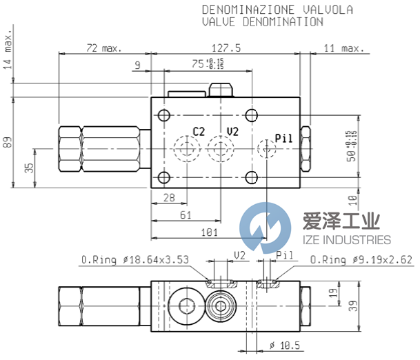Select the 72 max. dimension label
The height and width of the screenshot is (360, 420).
click(103, 48)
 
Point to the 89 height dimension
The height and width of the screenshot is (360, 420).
click(7, 142)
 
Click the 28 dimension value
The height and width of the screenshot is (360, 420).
click(168, 199)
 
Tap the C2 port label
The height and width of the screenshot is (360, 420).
click(199, 131)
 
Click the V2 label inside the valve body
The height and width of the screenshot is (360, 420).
click(232, 131)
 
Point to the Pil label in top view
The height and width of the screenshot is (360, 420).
click(284, 137)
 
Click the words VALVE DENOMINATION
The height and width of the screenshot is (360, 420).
click(262, 21)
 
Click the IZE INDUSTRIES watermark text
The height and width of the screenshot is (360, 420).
click(346, 239)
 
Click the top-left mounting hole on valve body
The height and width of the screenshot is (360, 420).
click(163, 115)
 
